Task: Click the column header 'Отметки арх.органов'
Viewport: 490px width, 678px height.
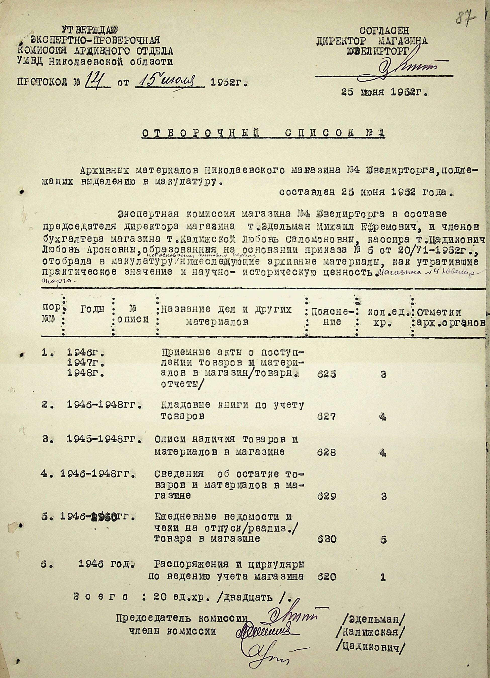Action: coord(450,317)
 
